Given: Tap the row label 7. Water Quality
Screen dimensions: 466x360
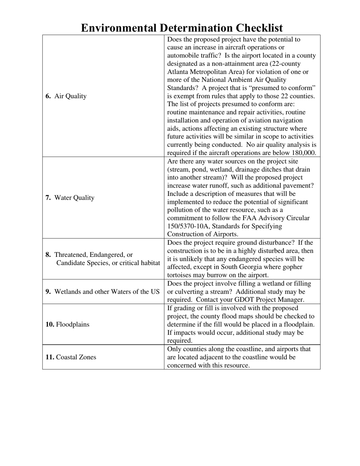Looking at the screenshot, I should pyautogui.click(x=70, y=198).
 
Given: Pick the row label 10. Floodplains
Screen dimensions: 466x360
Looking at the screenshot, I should pyautogui.click(x=67, y=324).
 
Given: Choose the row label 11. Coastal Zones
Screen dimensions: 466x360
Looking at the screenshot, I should pyautogui.click(x=70, y=357).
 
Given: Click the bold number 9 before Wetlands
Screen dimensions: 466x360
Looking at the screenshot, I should pyautogui.click(x=48, y=292).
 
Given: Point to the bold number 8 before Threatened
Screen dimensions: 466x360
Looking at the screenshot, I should pyautogui.click(x=48, y=255).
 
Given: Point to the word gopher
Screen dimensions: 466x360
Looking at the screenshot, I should pyautogui.click(x=292, y=267).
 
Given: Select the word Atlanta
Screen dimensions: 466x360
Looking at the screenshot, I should pyautogui.click(x=178, y=72).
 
